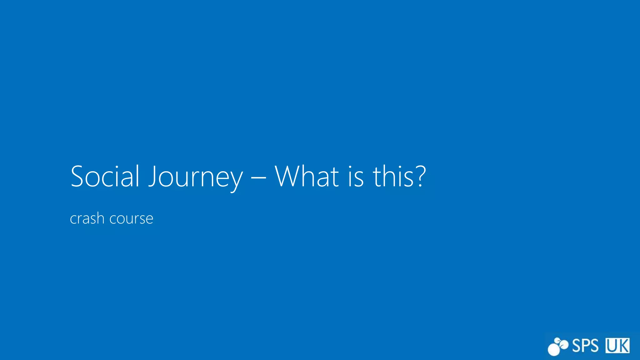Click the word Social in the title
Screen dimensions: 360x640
[x=105, y=177]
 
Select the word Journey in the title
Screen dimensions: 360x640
[x=195, y=177]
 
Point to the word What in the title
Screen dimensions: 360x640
[x=307, y=177]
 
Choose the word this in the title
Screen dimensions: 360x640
[x=394, y=177]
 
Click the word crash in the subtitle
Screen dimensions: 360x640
[x=87, y=218]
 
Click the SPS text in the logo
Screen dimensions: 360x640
[x=585, y=346]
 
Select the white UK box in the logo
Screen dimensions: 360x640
[x=617, y=346]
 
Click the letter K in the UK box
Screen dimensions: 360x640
[x=623, y=346]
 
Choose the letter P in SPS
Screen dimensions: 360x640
[x=585, y=346]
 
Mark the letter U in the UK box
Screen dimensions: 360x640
[x=612, y=346]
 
